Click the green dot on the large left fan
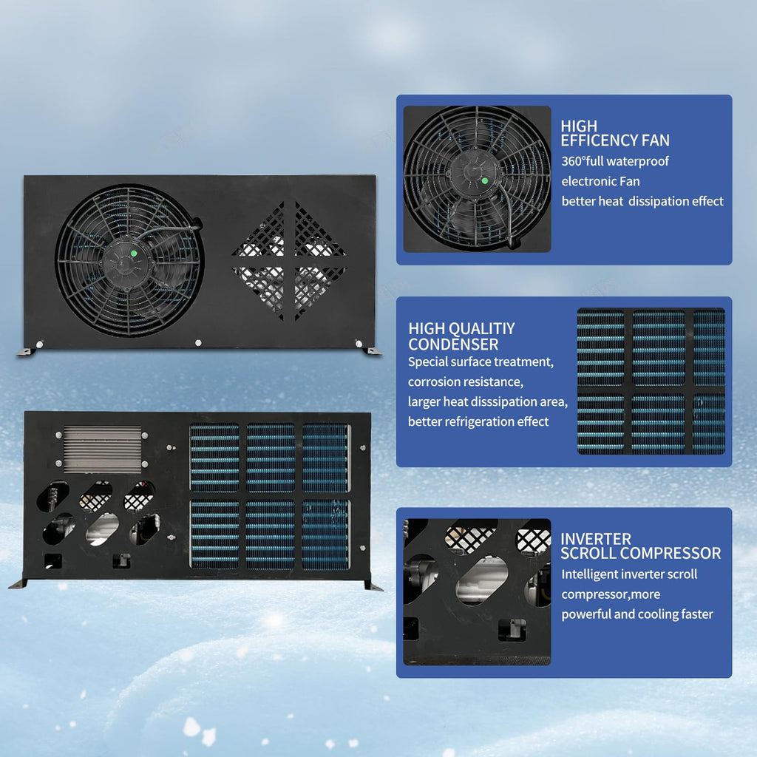pyautogui.click(x=134, y=253)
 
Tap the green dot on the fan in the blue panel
pyautogui.click(x=485, y=181)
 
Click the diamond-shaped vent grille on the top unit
pyautogui.click(x=289, y=261)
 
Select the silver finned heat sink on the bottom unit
pyautogui.click(x=102, y=449)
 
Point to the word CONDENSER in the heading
pyautogui.click(x=453, y=344)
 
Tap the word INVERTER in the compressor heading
pyautogui.click(x=596, y=539)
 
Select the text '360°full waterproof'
pyautogui.click(x=615, y=161)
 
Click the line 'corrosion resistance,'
pyautogui.click(x=466, y=382)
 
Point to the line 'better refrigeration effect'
pyautogui.click(x=478, y=421)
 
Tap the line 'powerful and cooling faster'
pyautogui.click(x=637, y=614)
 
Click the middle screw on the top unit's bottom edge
pyautogui.click(x=198, y=343)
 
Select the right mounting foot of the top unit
pyautogui.click(x=373, y=351)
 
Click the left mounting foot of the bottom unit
pyautogui.click(x=18, y=584)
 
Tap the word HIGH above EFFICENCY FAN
pyautogui.click(x=579, y=126)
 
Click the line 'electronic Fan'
pyautogui.click(x=600, y=182)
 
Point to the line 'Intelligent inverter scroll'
pyautogui.click(x=629, y=574)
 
